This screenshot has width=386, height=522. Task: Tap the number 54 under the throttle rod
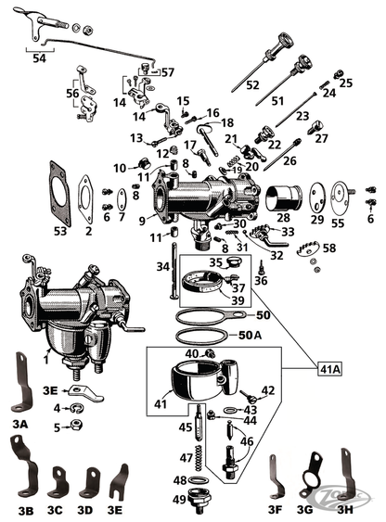[x=37, y=58]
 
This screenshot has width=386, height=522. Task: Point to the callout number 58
[x=328, y=248]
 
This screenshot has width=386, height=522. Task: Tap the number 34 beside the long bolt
[x=161, y=267]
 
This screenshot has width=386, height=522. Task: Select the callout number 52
[x=251, y=84]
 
